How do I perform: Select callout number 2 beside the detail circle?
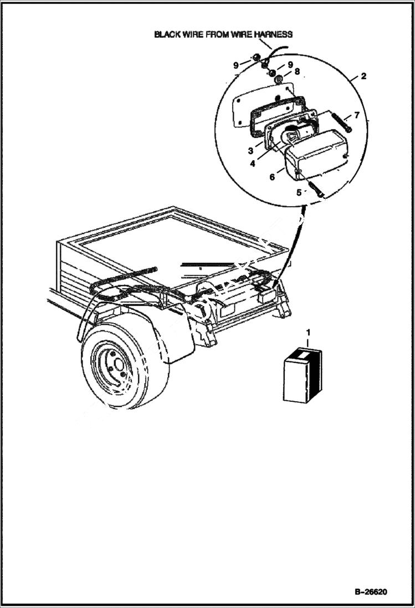coord(363,76)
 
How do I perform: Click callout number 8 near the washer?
coord(296,71)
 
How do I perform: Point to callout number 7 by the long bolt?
coord(357,115)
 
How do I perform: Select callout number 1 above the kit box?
coord(309,332)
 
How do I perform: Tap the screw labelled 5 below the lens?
coord(316,186)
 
